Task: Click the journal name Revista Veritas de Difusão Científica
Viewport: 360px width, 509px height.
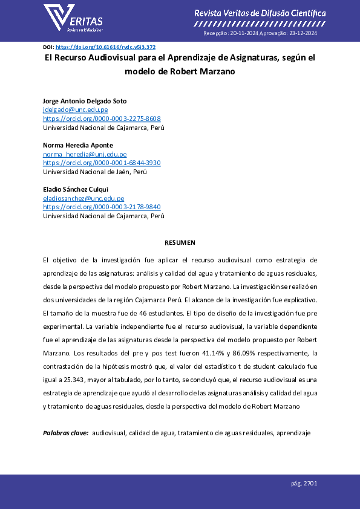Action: tap(260, 13)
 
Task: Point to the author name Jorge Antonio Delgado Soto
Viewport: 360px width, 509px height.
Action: tap(85, 101)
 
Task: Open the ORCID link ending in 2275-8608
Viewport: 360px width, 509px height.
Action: tap(102, 118)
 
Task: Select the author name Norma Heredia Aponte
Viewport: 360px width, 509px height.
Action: tap(77, 146)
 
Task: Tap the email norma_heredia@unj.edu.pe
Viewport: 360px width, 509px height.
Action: tap(84, 155)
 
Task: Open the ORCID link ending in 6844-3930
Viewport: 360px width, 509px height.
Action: tap(102, 163)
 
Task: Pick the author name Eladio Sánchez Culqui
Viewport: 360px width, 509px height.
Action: tap(76, 190)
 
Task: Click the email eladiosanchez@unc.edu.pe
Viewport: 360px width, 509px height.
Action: tap(83, 198)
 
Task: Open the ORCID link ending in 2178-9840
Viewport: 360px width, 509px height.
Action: tap(102, 207)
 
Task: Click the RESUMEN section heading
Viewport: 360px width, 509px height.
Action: tap(180, 242)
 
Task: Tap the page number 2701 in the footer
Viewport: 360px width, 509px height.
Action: tap(310, 484)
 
